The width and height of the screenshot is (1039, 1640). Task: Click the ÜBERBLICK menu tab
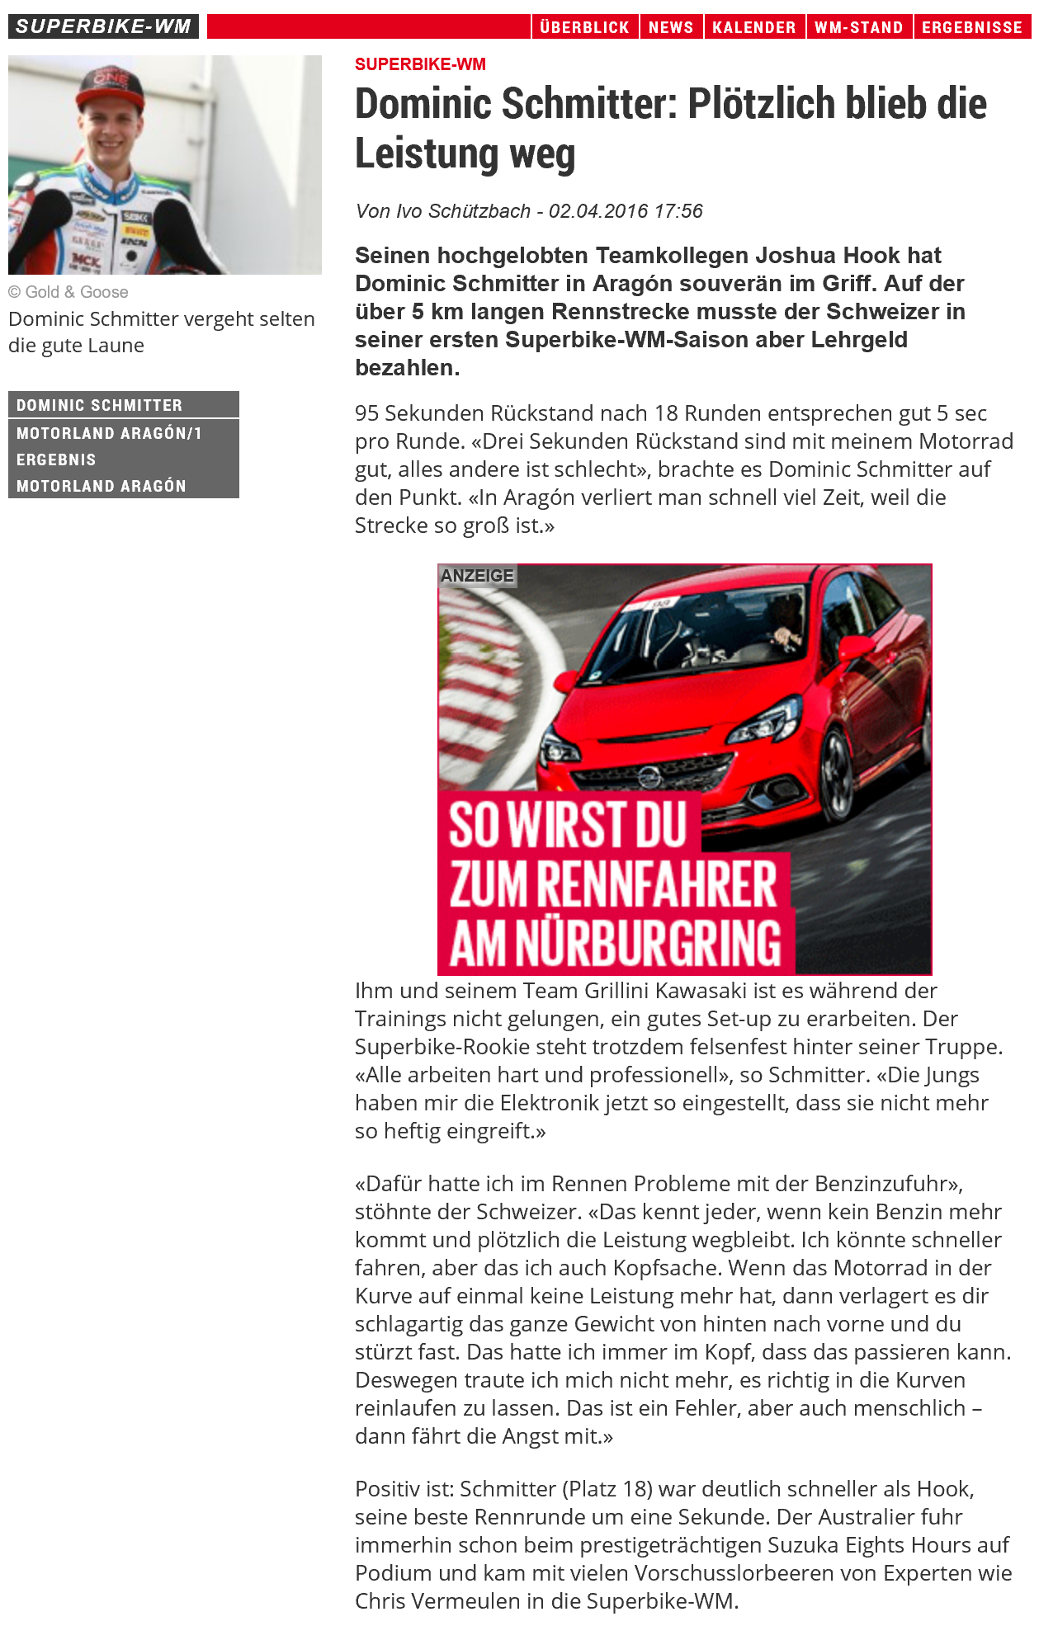pyautogui.click(x=584, y=27)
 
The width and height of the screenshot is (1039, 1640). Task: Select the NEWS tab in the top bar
pyautogui.click(x=671, y=27)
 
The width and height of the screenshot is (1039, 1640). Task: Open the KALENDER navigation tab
pyautogui.click(x=754, y=27)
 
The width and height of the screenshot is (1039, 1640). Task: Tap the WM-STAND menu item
pyautogui.click(x=859, y=27)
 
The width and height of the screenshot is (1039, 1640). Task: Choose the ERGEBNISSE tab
pyautogui.click(x=972, y=27)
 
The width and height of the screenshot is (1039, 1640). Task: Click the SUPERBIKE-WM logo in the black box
pyautogui.click(x=103, y=26)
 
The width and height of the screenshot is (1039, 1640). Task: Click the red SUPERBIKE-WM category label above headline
pyautogui.click(x=420, y=64)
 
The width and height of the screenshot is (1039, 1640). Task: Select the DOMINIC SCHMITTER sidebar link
pyautogui.click(x=100, y=405)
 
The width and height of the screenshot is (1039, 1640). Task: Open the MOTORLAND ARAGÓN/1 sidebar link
pyautogui.click(x=109, y=433)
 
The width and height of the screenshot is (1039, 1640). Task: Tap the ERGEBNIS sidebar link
pyautogui.click(x=56, y=459)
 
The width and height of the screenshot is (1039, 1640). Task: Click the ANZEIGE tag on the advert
pyautogui.click(x=477, y=576)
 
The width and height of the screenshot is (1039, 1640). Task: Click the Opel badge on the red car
pyautogui.click(x=649, y=776)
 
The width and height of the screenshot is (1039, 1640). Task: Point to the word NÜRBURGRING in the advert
pyautogui.click(x=649, y=943)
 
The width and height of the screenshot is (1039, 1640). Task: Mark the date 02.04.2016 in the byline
pyautogui.click(x=598, y=211)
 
